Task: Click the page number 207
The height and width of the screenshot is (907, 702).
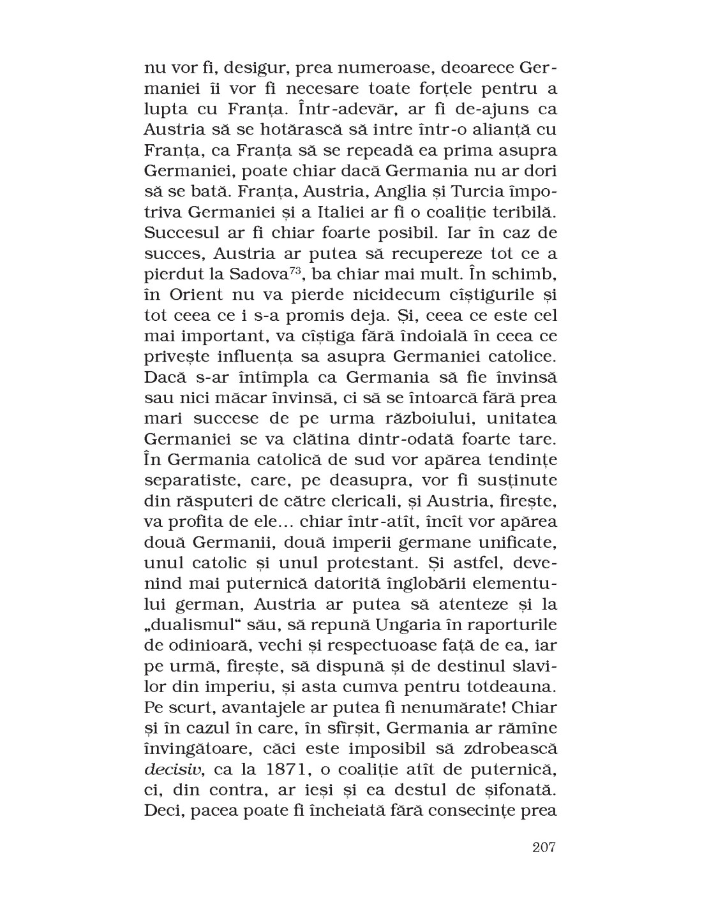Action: (x=544, y=848)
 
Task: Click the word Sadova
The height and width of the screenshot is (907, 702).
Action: (x=250, y=274)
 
